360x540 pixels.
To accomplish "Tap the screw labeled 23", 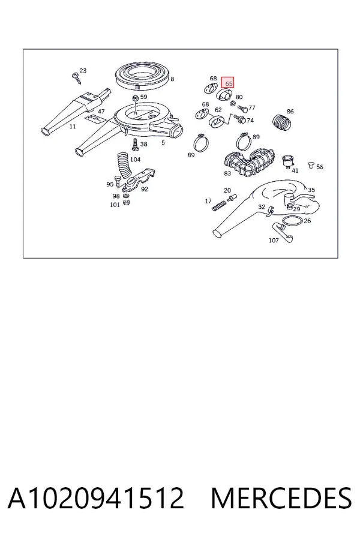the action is coord(76,78).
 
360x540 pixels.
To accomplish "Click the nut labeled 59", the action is coord(136,98).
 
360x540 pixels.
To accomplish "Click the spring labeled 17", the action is coord(218,206).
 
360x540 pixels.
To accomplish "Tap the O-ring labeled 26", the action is coord(292,220).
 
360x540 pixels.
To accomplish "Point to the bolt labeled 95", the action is coord(118,181).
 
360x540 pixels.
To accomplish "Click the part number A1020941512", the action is coord(96,498).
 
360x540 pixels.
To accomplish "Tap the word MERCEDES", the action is coord(281,498).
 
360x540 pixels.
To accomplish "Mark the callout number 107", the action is coord(274,240).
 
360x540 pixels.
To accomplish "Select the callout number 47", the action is coord(101,111).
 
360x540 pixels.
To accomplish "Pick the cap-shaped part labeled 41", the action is coord(287,161).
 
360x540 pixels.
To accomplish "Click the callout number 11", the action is coord(73,127).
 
